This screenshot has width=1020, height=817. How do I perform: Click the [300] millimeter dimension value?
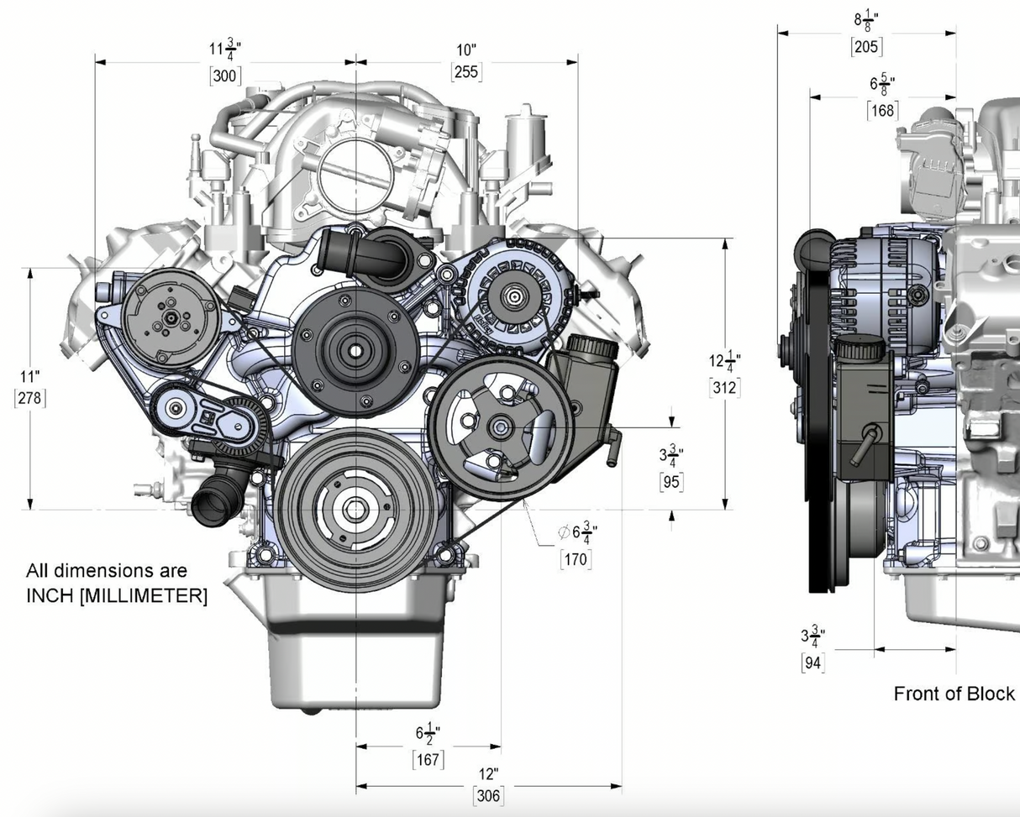(225, 76)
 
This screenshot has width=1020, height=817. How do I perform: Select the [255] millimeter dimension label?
(466, 72)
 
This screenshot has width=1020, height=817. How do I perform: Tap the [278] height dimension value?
(30, 398)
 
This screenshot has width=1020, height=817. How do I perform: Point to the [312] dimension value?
(725, 388)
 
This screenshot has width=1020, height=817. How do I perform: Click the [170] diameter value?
(576, 559)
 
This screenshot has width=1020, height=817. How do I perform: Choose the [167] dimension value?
(428, 760)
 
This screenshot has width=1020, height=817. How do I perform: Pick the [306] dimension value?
(488, 796)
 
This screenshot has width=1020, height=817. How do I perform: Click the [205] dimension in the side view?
(866, 47)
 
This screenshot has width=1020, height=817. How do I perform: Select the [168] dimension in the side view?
(882, 111)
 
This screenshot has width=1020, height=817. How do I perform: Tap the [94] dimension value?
(812, 663)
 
